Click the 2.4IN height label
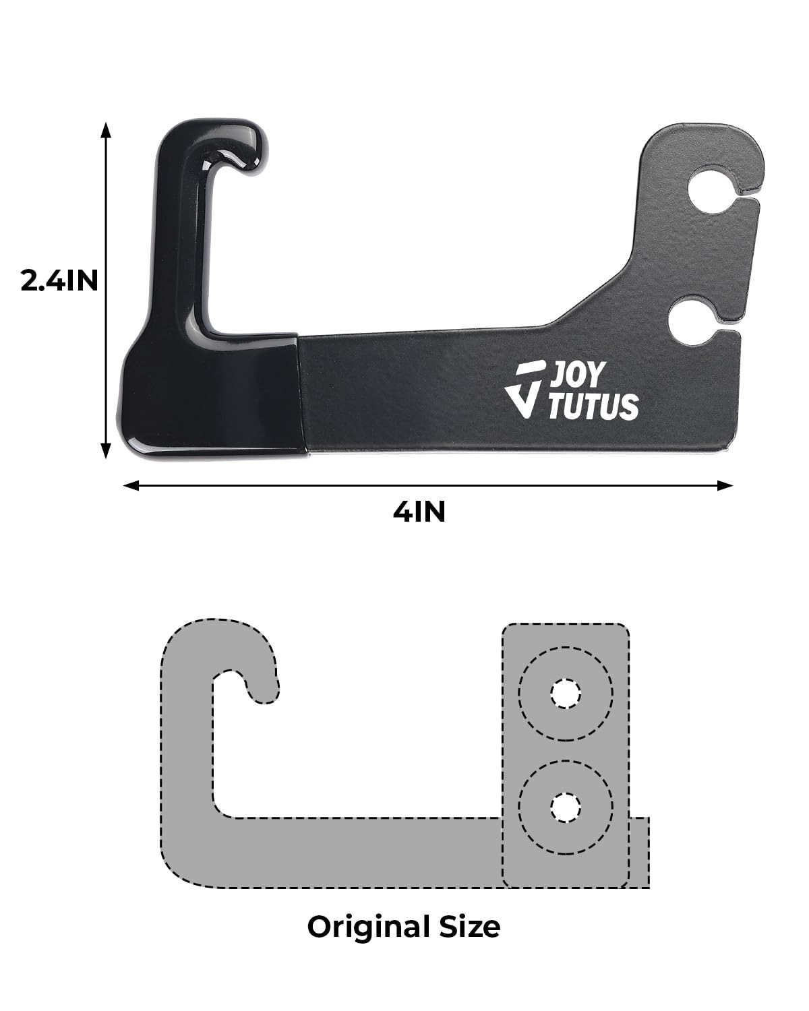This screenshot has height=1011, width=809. [59, 280]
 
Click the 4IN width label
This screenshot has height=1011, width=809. [419, 512]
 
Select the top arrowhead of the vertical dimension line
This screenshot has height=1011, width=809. [105, 129]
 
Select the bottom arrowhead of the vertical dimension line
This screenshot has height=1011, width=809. [105, 452]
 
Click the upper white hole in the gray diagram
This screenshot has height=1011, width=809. [565, 694]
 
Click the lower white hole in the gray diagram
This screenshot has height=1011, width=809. [565, 807]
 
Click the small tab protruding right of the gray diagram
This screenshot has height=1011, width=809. [640, 852]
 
